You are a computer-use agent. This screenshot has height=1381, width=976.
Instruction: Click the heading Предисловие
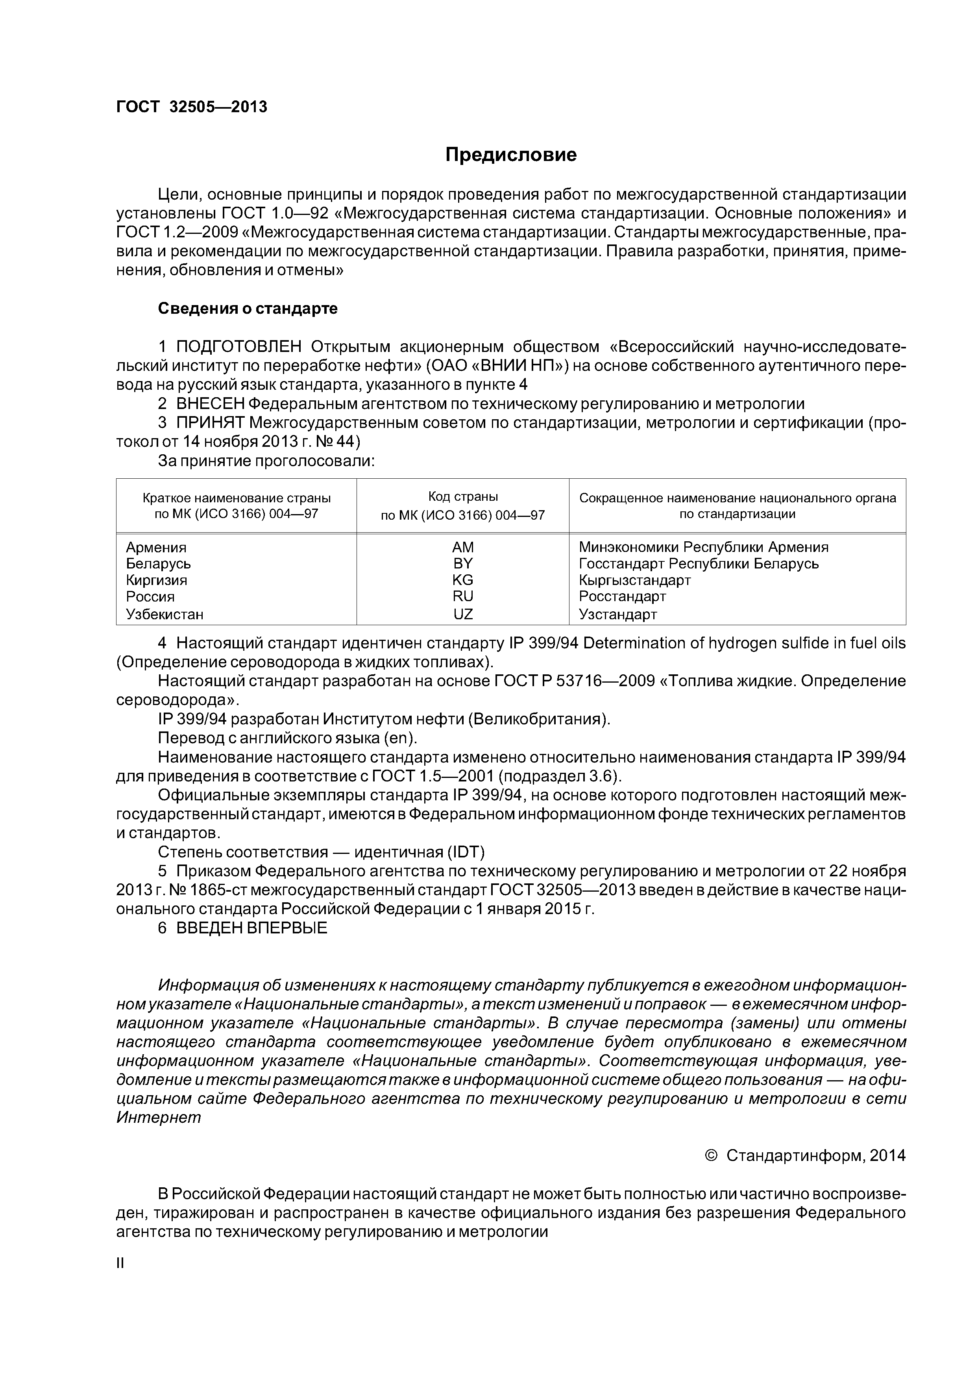[x=510, y=155]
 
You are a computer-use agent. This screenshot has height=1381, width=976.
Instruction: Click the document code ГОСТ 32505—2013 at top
[x=191, y=107]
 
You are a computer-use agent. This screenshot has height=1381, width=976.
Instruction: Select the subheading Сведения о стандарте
[x=248, y=309]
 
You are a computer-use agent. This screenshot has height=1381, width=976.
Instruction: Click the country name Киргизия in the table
[x=156, y=580]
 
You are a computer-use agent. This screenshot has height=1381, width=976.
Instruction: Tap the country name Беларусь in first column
[x=158, y=564]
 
